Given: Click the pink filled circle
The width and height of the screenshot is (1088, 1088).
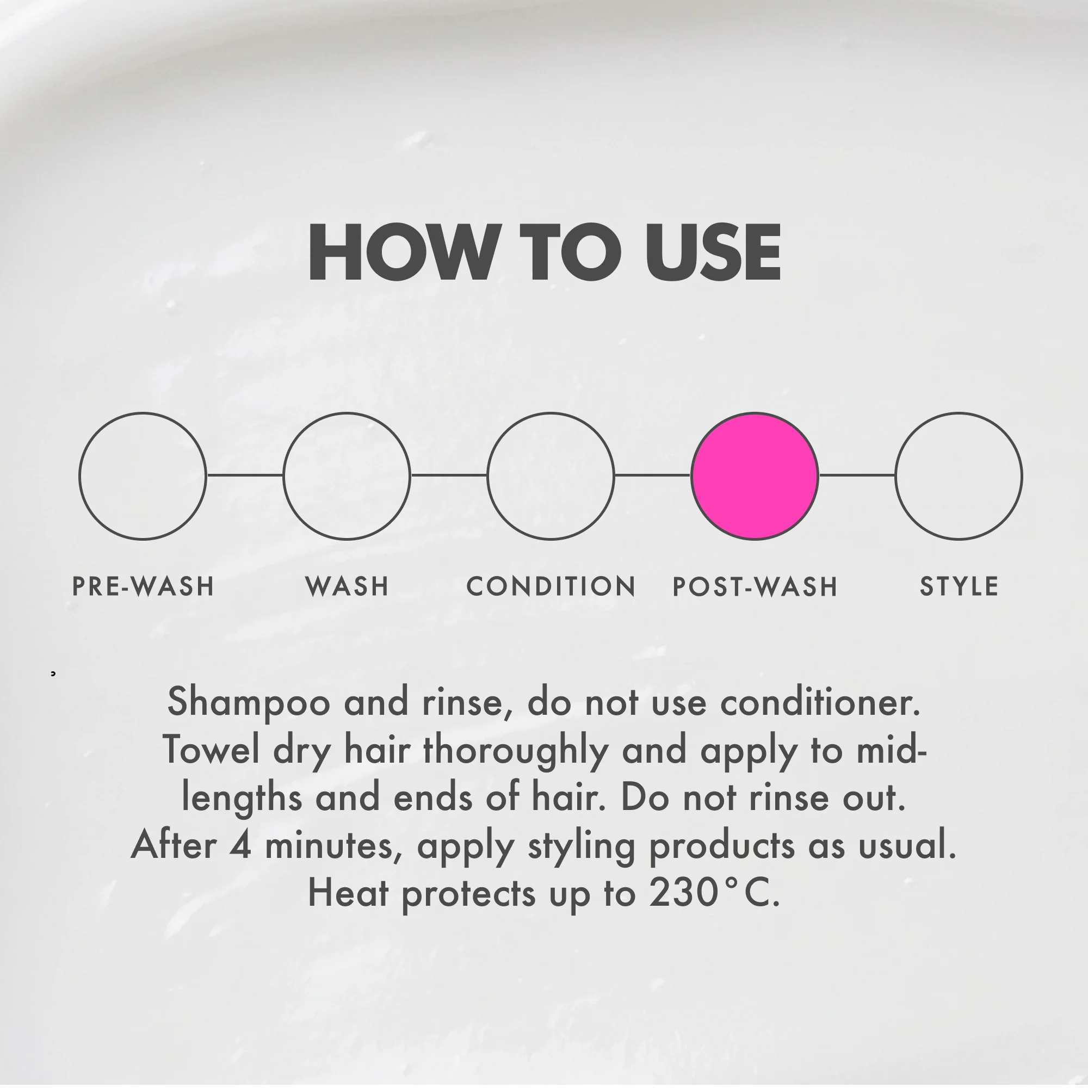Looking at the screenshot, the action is point(755,476).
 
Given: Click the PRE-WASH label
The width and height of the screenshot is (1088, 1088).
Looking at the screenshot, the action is point(143,586).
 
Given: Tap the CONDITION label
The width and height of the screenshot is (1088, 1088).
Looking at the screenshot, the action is point(551,586).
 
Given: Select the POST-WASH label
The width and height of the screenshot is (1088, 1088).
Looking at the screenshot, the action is point(755,586).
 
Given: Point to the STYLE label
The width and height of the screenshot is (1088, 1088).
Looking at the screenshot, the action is point(959,586).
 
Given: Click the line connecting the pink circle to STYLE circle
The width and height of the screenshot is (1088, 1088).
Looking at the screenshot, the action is point(857,475).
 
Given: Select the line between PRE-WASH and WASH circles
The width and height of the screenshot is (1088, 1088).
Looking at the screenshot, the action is point(245,475).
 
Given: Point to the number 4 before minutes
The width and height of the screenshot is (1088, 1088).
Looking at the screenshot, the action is point(240,845).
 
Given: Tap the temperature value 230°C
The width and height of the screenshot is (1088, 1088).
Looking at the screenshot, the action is point(715,893).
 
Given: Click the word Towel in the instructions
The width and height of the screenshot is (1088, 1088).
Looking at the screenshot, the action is point(211,750).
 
